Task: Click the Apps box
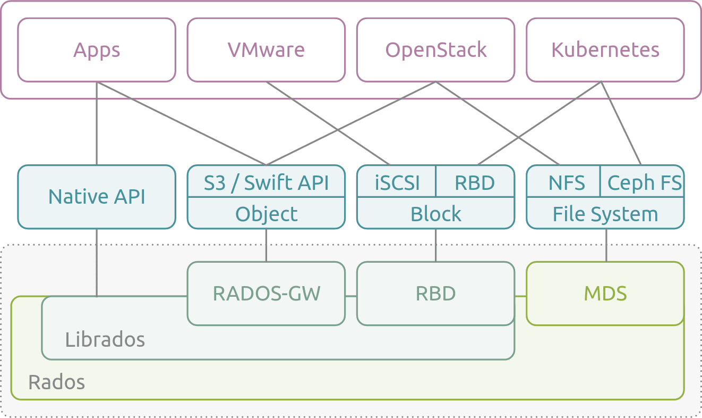pos(97,50)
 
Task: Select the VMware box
pos(266,50)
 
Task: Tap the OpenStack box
pos(435,50)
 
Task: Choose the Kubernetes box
pos(605,50)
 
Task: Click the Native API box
pos(97,197)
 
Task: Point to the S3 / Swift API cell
pos(266,182)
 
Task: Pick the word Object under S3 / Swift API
pos(266,214)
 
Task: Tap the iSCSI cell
pos(397,182)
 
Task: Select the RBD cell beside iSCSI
pos(475,182)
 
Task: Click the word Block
pos(435,214)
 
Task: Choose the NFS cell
pos(566,182)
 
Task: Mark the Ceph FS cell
pos(644,182)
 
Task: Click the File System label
pos(605,214)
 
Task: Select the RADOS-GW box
pos(266,294)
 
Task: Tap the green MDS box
pos(605,294)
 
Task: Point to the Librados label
pos(105,339)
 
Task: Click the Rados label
pos(56,382)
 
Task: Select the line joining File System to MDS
pos(606,245)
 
